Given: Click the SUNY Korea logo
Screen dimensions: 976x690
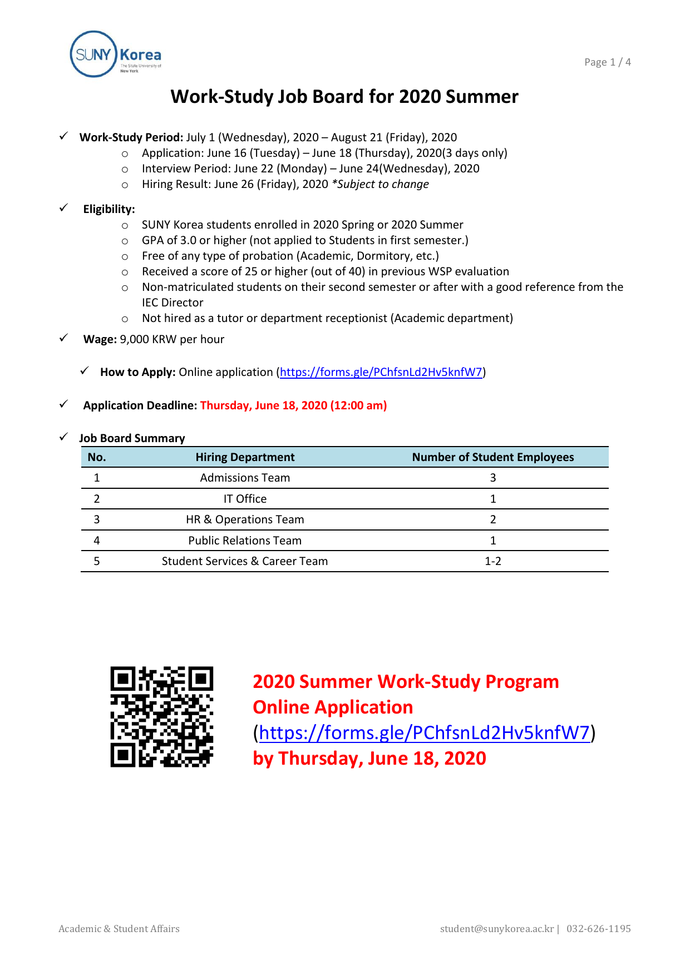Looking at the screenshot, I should coord(116,55).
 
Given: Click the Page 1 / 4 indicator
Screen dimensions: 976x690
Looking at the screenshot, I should coord(607,62).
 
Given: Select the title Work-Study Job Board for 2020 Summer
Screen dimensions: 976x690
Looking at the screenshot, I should coord(344,97).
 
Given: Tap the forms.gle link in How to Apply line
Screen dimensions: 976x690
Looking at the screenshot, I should coord(381,372).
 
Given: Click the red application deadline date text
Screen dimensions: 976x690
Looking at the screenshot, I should coord(293,405).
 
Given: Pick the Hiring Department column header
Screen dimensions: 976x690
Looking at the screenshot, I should coord(245,457).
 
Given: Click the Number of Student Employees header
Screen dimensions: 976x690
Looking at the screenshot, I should coord(492,457).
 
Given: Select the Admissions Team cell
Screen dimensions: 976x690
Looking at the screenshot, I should coord(245,478).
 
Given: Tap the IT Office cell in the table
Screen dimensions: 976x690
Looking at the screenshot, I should coord(245,499).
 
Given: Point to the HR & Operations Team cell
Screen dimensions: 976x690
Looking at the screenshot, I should coord(245,519).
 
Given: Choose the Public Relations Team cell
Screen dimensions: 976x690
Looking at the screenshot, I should coord(245,541).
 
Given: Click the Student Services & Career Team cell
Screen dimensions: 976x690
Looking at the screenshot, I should coord(245,561).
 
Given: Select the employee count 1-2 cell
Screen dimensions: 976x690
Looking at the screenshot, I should coord(492,561).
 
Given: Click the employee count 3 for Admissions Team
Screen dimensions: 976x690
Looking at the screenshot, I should coord(492,478).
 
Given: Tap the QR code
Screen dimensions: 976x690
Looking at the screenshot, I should coord(161,717).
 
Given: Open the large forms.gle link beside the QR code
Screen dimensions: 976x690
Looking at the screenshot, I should coord(424,733).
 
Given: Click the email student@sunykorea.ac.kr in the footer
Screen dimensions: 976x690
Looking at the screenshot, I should coord(496,929).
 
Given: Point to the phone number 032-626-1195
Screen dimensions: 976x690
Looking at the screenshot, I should coord(598,929).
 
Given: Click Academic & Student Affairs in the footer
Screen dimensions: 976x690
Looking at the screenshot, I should coord(119,929).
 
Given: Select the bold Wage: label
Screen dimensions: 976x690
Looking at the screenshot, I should coord(100,339).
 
